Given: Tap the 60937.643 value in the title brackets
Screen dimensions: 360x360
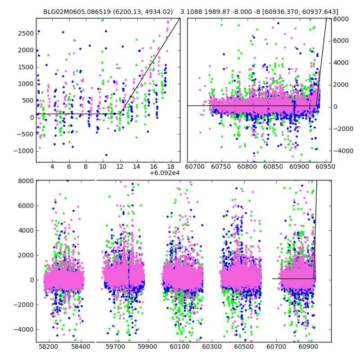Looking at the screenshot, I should click(319, 12).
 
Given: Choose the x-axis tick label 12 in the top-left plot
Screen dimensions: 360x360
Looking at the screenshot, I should click(120, 166).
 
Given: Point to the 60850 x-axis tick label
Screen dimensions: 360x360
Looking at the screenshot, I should click(271, 166).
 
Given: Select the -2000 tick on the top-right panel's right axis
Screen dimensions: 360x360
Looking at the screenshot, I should click(341, 129).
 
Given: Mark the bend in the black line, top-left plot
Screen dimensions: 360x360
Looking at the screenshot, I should click(121, 113).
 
